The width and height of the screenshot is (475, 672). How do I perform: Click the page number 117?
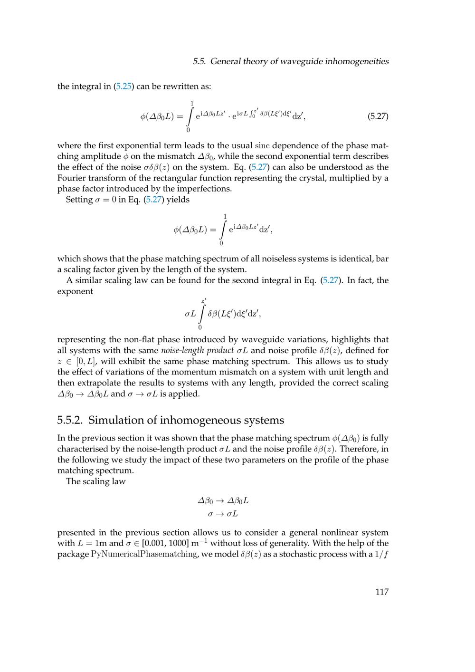[x=381, y=592]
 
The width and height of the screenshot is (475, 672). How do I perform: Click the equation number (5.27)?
[x=378, y=116]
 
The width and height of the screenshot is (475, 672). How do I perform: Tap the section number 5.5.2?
[x=70, y=420]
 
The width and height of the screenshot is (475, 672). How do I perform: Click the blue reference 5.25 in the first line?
[x=123, y=86]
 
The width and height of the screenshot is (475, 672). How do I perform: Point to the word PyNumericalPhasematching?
[x=144, y=554]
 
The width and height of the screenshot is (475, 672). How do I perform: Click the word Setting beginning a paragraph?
[x=79, y=200]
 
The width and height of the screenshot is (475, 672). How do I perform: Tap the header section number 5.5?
[x=199, y=61]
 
